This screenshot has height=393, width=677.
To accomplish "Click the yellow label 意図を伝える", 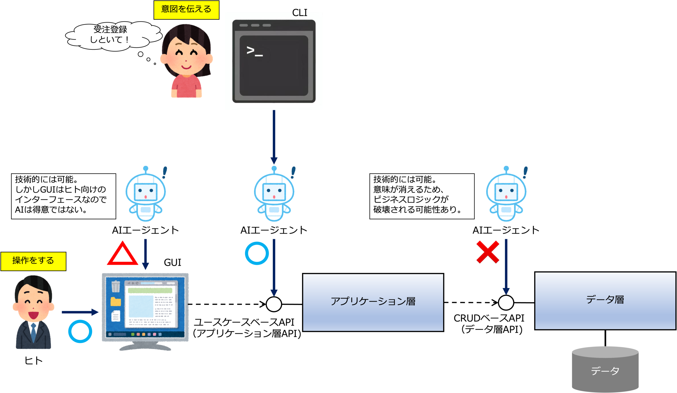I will click(186, 10).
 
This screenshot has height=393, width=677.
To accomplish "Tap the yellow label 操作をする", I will click(33, 261).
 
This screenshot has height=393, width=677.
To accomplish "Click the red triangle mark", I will click(122, 254).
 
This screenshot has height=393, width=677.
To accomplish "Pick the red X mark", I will click(488, 252).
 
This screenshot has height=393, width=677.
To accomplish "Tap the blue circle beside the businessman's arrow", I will click(80, 331).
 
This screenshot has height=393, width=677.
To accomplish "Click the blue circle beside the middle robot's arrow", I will click(257, 253).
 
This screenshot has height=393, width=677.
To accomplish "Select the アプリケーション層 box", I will click(373, 302).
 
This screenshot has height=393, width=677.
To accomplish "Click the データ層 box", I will click(605, 301).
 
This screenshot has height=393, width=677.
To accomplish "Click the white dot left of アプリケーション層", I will click(274, 304).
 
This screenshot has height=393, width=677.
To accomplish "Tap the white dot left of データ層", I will click(506, 303).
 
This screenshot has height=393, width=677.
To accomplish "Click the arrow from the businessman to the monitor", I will click(80, 312).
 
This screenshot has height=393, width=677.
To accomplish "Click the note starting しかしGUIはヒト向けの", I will click(64, 196).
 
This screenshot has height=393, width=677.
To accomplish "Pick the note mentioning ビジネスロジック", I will click(422, 196).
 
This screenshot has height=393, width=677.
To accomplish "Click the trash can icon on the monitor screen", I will click(116, 287).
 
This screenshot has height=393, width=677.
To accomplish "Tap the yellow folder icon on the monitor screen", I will click(116, 302).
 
